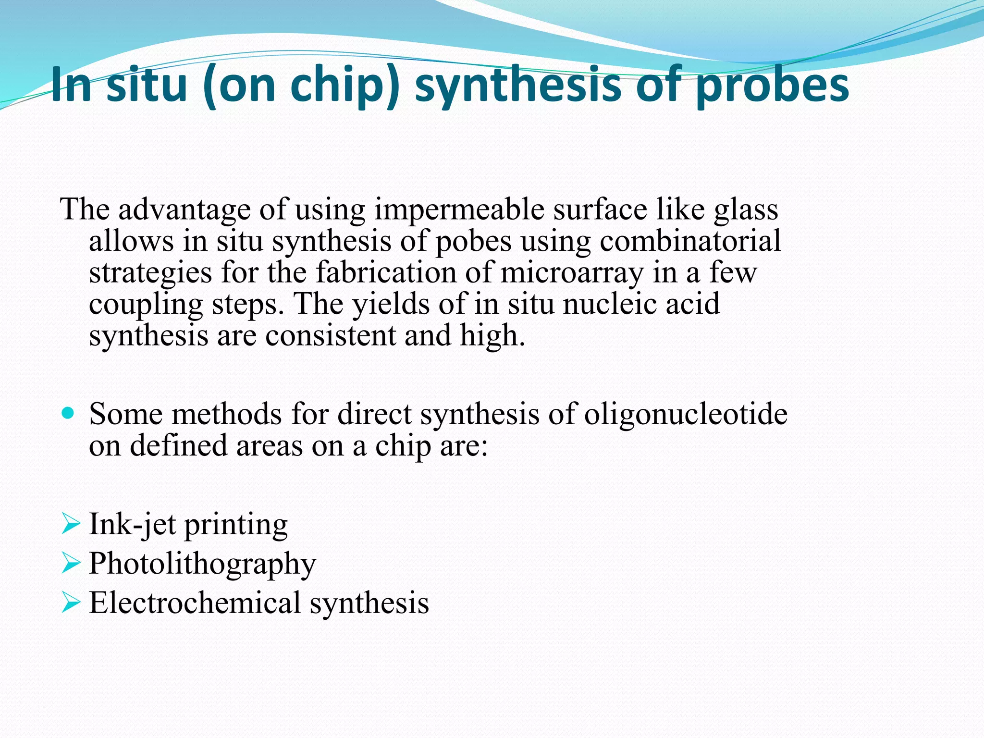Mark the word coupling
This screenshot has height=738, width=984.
[x=146, y=304]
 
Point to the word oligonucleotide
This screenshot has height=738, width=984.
[x=686, y=414]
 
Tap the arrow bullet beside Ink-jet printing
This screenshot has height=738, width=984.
[x=71, y=524]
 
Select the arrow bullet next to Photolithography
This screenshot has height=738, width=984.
[x=71, y=563]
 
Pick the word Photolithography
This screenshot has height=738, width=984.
[x=202, y=564]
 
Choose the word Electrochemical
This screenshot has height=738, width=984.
[x=195, y=603]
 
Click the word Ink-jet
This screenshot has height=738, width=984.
[x=132, y=524]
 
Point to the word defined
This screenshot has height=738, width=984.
[x=178, y=445]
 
